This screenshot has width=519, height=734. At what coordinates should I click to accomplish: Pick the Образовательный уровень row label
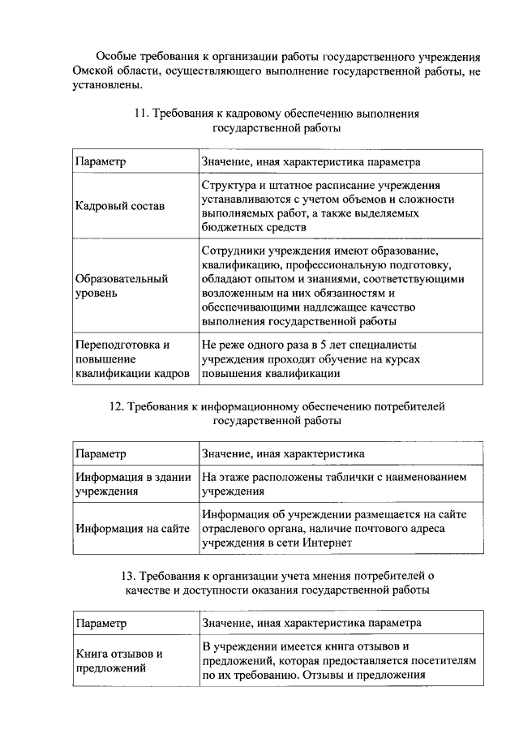click(122, 285)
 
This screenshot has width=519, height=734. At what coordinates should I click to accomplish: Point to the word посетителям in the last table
click(444, 660)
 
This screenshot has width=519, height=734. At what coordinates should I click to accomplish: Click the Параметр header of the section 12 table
click(101, 453)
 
